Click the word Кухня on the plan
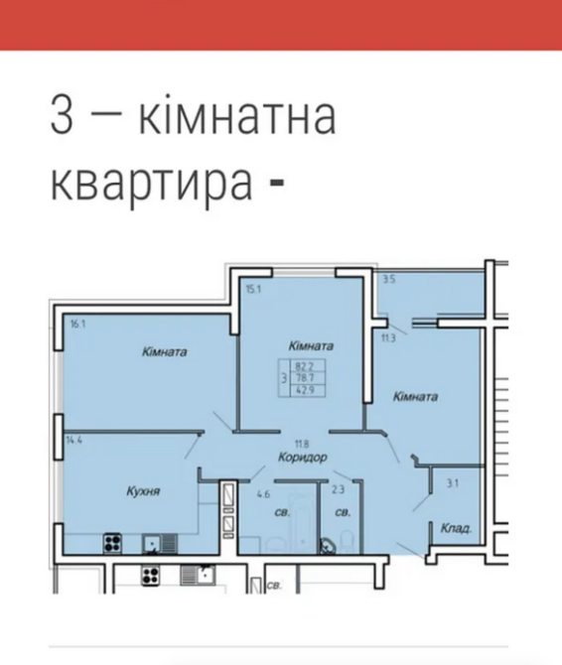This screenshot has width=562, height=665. click(144, 490)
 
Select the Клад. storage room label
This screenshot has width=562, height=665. click(455, 527)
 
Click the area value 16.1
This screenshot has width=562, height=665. click(78, 324)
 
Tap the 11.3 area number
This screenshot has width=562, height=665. click(389, 336)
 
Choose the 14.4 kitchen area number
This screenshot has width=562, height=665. click(73, 438)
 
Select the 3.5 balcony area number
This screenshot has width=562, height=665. click(389, 281)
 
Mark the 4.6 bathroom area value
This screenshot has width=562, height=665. click(264, 491)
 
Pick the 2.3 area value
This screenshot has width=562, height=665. click(339, 489)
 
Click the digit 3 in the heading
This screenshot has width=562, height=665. click(63, 117)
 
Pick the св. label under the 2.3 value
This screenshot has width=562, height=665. click(343, 513)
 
